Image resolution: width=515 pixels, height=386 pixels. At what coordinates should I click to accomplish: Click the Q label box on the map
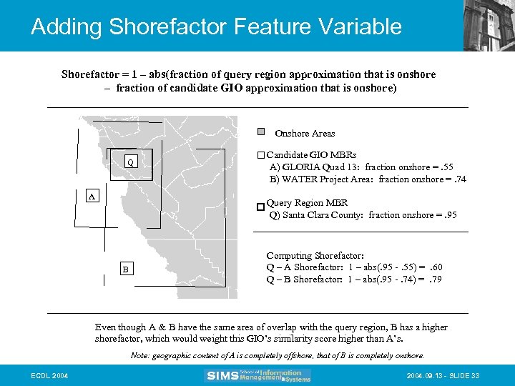[130, 162]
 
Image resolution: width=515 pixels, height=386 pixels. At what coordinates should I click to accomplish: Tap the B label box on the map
[125, 269]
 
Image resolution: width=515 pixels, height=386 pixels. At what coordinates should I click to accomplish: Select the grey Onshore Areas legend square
[261, 132]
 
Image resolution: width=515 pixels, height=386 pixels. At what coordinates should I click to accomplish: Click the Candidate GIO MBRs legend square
[260, 155]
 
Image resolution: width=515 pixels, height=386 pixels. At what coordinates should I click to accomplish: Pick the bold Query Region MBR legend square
[260, 207]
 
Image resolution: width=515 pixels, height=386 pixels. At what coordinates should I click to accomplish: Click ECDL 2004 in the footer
[50, 375]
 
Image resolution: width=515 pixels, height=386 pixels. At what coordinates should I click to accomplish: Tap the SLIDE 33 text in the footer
[464, 375]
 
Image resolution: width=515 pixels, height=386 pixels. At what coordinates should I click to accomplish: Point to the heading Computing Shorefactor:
[315, 255]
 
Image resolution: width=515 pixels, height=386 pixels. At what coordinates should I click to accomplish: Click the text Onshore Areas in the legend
[305, 133]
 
